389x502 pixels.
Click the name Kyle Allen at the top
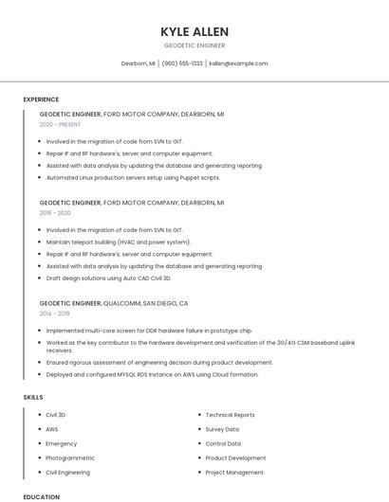194,32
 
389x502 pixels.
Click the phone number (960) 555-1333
182,63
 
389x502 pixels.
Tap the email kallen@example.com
238,63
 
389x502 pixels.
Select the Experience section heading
41,99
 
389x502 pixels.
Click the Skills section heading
33,398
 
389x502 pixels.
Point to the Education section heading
41,496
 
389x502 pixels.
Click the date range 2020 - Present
61,124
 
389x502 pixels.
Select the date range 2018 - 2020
55,213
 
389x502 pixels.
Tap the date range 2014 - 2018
55,314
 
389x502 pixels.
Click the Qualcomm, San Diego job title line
114,303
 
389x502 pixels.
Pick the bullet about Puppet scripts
133,177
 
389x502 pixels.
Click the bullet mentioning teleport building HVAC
118,242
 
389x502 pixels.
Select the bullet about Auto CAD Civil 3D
108,278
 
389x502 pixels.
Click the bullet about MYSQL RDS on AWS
152,374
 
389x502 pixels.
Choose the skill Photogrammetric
71,457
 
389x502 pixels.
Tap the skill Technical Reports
230,415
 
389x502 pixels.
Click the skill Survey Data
222,429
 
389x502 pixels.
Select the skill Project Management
234,472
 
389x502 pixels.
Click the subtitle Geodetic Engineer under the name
194,45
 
